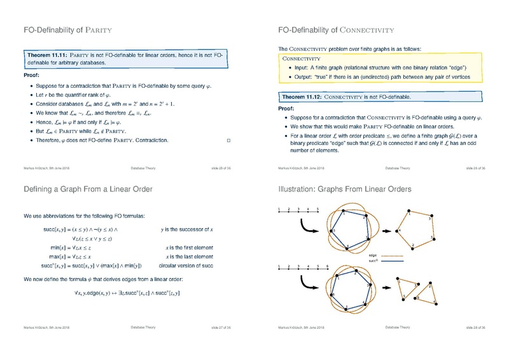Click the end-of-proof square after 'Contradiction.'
228,139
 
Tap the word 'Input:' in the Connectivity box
305,67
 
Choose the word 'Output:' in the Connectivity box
307,76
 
